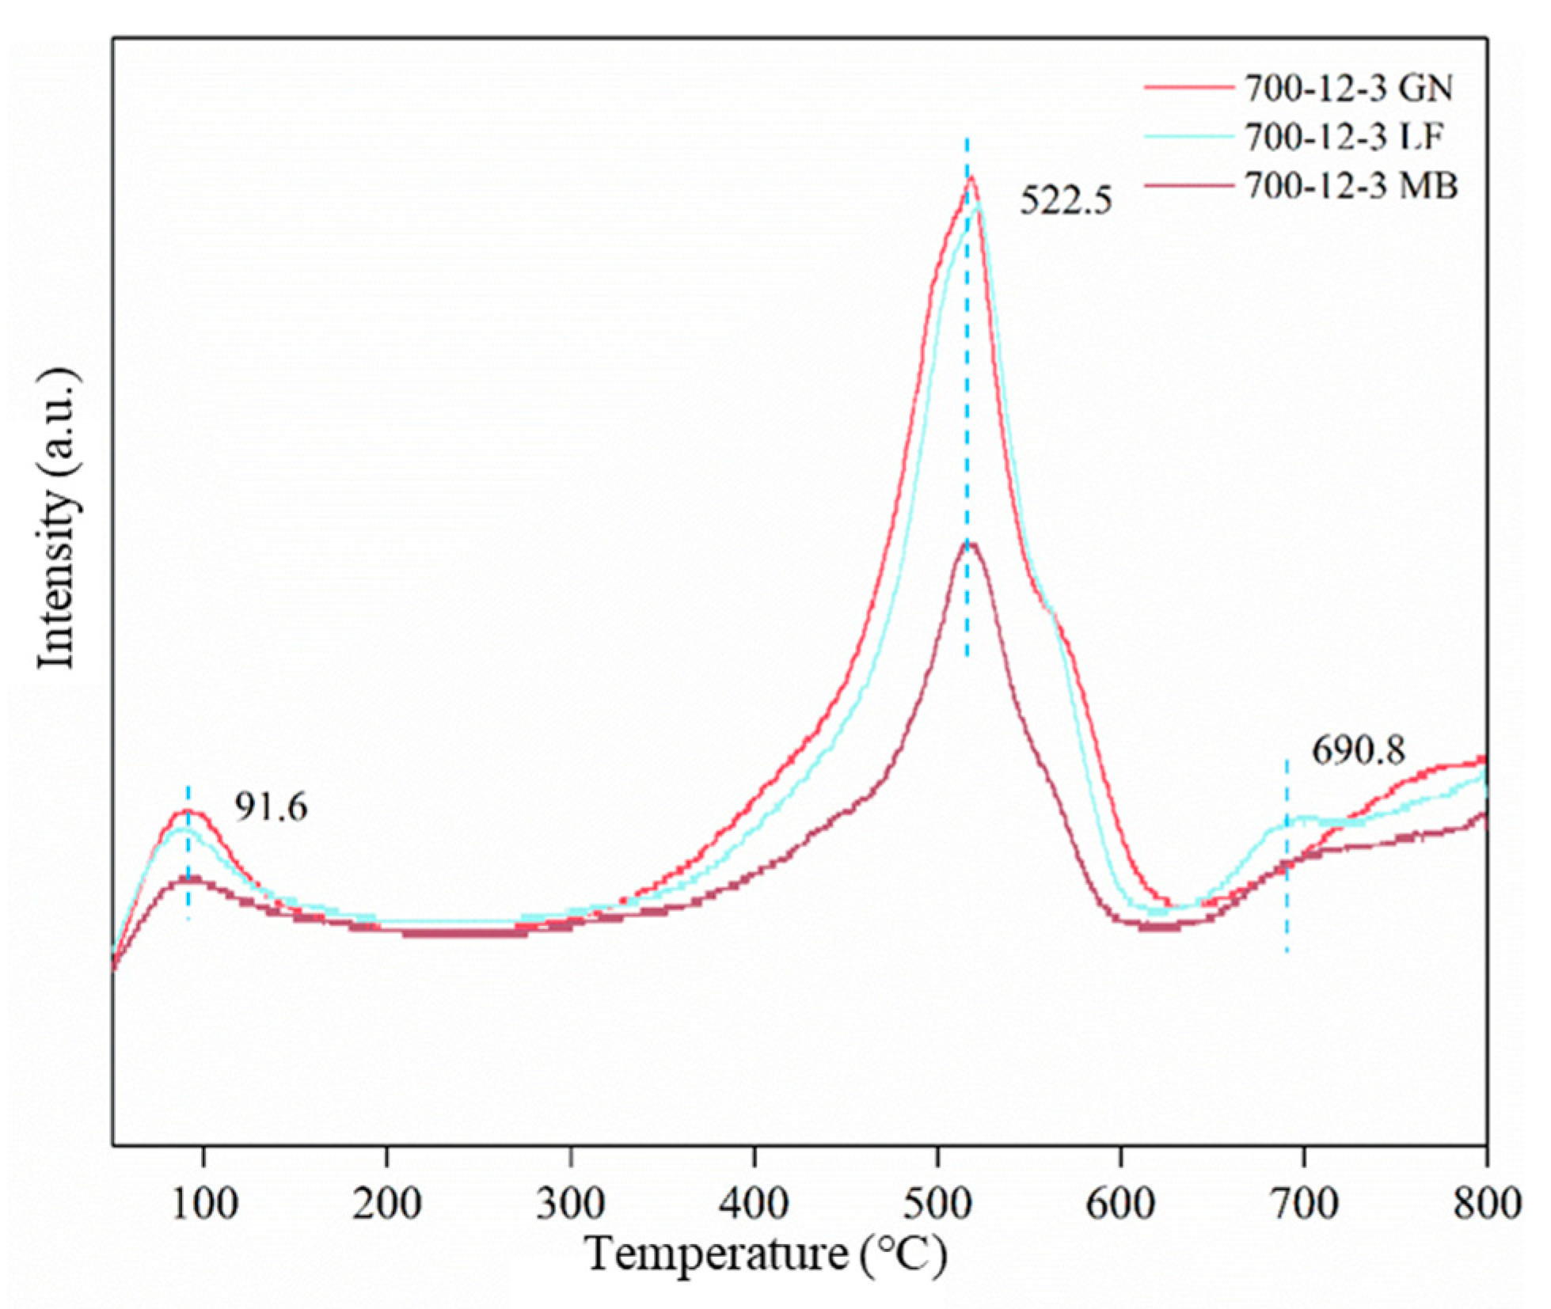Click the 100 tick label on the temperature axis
pyautogui.click(x=203, y=1204)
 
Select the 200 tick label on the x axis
pyautogui.click(x=386, y=1204)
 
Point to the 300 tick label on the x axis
pyautogui.click(x=570, y=1204)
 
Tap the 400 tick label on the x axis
pyautogui.click(x=754, y=1204)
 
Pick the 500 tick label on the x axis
pyautogui.click(x=937, y=1204)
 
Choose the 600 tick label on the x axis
pyautogui.click(x=1121, y=1204)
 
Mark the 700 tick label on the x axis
pyautogui.click(x=1304, y=1204)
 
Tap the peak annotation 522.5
pyautogui.click(x=1066, y=200)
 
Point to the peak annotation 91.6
pyautogui.click(x=270, y=808)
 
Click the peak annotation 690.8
pyautogui.click(x=1359, y=750)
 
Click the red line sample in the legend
pyautogui.click(x=1189, y=88)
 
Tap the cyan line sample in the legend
pyautogui.click(x=1189, y=137)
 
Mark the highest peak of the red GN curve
pyautogui.click(x=971, y=177)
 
